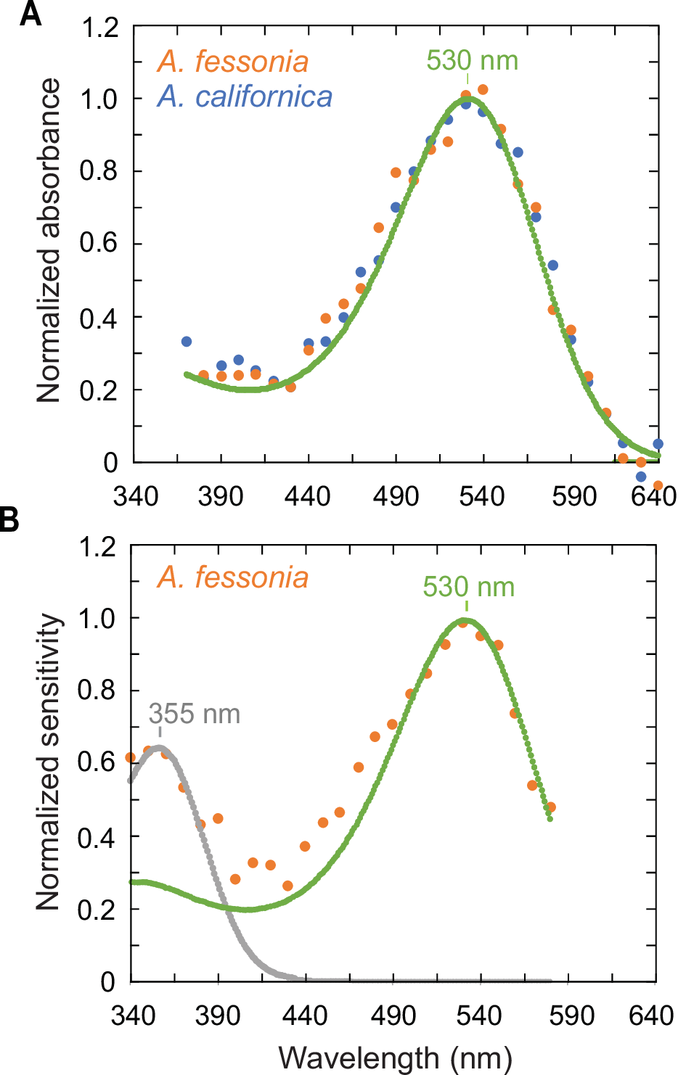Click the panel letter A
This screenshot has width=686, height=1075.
30,15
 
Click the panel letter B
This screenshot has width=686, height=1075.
9,519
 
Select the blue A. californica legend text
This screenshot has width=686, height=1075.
245,96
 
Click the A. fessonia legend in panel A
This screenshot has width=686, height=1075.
232,62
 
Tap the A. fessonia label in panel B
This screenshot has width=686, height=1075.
232,578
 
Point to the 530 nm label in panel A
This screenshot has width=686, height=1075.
472,61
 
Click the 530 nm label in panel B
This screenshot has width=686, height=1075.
468,587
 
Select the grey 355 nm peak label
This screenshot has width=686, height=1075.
194,714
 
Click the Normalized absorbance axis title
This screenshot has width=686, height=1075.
49,241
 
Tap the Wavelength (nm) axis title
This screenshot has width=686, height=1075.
395,1058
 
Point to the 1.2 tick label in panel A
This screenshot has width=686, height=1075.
99,28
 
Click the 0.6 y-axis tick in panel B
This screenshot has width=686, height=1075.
97,762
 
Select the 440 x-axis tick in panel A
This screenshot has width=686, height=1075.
308,497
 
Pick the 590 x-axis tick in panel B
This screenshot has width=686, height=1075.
571,1016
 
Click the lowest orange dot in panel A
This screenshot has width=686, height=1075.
658,485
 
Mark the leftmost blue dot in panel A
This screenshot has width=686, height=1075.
187,342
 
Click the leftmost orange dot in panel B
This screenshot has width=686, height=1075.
131,757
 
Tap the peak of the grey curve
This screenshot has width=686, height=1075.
158,746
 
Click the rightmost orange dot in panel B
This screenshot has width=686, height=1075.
550,807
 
